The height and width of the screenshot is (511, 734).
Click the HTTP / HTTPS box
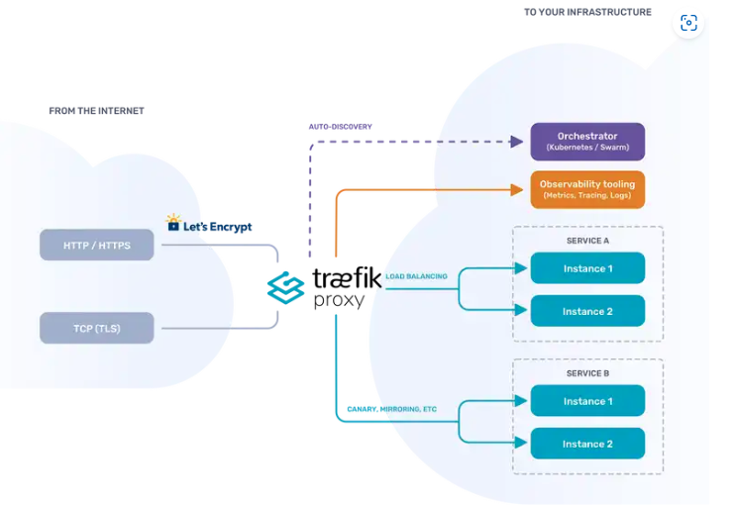97,245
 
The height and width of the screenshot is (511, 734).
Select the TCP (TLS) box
97,328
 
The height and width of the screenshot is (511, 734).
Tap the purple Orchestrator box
587,142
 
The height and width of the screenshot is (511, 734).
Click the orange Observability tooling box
587,189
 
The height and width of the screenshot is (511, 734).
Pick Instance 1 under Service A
587,268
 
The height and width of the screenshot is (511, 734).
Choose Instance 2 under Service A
587,311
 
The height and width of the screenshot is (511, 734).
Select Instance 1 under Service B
587,400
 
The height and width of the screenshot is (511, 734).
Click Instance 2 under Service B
587,443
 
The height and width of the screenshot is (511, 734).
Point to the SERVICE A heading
587,241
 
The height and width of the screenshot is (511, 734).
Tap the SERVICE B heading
587,373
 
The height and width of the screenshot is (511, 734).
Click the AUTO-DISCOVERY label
341,127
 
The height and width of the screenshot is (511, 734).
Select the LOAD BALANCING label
416,276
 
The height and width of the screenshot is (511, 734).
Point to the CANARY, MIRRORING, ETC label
392,409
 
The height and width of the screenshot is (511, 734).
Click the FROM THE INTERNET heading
96,111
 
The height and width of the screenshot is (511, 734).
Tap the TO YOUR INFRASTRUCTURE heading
587,12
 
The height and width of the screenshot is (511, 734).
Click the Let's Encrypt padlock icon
173,223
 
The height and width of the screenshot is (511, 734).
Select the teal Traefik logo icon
285,288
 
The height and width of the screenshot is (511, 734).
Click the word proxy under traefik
339,300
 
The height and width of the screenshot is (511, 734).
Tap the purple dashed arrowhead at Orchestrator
517,142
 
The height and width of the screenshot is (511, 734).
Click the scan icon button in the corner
688,23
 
